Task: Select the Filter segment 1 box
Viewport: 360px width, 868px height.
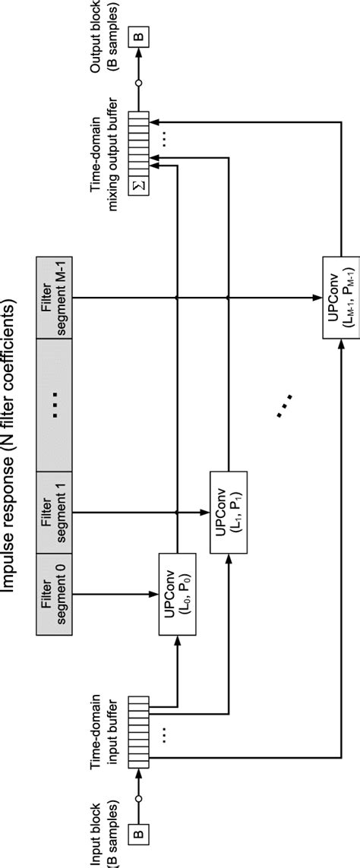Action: pyautogui.click(x=54, y=511)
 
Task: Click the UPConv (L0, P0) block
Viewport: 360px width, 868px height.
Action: pyautogui.click(x=177, y=594)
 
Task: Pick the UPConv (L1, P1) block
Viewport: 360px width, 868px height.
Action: pyautogui.click(x=228, y=512)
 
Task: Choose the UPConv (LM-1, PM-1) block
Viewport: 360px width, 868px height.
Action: pyautogui.click(x=341, y=297)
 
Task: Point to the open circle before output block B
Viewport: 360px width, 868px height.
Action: pyautogui.click(x=139, y=83)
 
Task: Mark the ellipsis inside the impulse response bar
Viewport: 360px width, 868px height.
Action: pyautogui.click(x=54, y=404)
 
